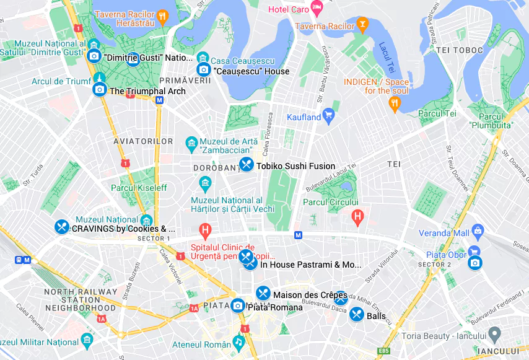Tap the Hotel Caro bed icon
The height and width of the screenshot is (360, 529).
click(x=317, y=9)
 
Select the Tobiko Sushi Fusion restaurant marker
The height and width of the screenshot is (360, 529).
click(x=247, y=165)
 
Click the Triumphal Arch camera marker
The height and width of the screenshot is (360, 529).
click(x=99, y=90)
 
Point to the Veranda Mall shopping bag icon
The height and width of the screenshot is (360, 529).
click(x=477, y=232)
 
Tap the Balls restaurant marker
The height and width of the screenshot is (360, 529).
click(x=356, y=315)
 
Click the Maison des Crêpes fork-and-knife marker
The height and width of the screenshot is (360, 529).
click(x=263, y=294)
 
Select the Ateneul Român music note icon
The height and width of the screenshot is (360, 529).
click(x=238, y=342)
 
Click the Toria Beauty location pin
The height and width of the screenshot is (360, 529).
click(x=494, y=335)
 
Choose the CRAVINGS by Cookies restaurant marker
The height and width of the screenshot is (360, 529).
click(x=61, y=227)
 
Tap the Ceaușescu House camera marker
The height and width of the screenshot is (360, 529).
click(x=203, y=70)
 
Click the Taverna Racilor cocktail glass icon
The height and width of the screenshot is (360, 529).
click(x=362, y=25)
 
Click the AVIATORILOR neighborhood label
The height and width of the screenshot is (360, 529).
click(x=143, y=142)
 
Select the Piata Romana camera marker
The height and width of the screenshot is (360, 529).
click(x=237, y=305)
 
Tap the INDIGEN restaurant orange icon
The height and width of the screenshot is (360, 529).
click(x=395, y=103)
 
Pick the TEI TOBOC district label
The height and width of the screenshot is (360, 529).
click(x=459, y=50)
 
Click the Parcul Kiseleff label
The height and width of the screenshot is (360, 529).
click(x=139, y=188)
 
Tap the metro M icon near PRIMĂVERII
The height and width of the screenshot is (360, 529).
click(x=159, y=100)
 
